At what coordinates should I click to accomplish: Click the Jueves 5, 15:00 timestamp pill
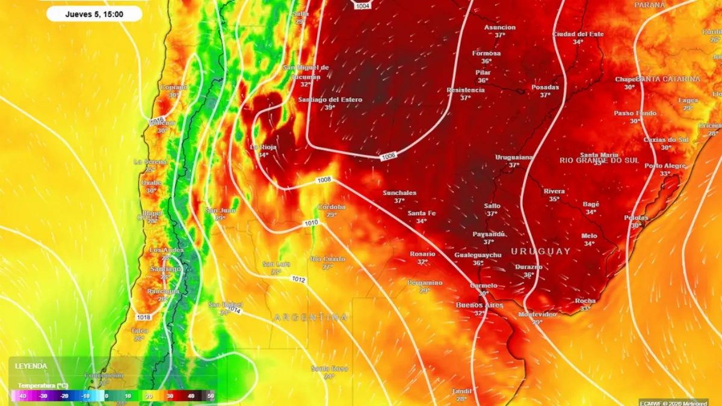point(94,14)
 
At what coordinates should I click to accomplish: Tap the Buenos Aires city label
point(479,306)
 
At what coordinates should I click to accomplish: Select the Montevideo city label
point(537,314)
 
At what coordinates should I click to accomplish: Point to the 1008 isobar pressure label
point(324,179)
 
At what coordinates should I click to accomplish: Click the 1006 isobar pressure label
point(389,157)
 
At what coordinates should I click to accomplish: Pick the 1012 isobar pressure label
point(298,280)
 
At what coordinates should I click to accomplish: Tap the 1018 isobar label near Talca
point(143,317)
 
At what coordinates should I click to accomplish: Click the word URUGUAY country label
point(540,251)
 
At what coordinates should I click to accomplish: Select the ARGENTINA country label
point(310,317)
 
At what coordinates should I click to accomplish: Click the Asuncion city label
point(500,27)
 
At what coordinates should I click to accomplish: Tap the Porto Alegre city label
point(665,165)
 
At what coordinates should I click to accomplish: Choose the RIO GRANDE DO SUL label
point(599,160)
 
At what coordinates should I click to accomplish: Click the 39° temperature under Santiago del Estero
point(329,108)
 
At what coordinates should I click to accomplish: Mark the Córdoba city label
point(332,207)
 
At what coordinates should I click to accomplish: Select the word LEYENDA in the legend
point(31,366)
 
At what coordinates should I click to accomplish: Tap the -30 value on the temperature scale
point(43,396)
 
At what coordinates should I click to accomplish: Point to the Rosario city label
point(422,254)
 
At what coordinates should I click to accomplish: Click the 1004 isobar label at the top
point(363,5)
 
